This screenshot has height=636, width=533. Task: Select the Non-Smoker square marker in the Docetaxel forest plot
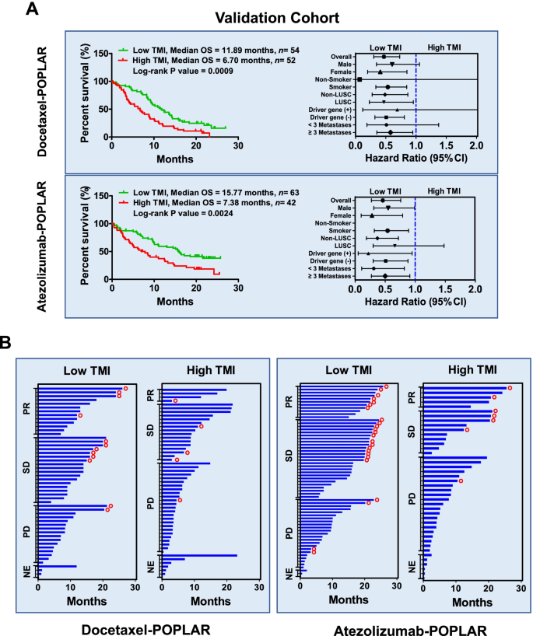tap(359, 79)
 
